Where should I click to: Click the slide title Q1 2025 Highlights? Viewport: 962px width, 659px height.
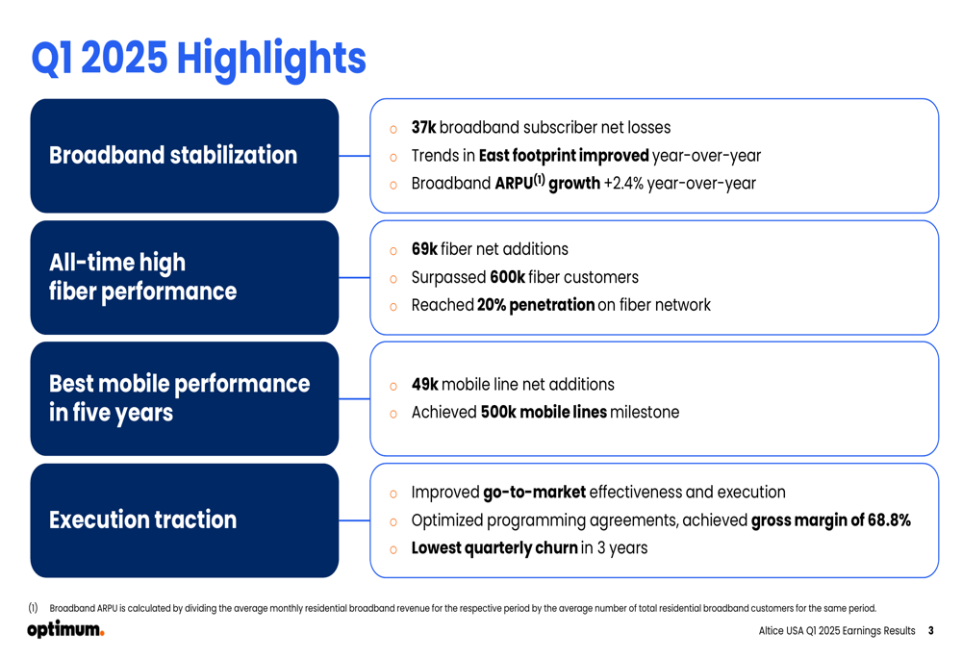(198, 59)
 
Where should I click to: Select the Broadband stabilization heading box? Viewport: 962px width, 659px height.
(185, 156)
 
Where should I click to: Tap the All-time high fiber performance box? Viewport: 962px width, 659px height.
(185, 277)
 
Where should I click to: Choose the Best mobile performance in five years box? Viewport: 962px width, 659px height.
(185, 399)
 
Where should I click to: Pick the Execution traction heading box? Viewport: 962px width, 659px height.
(185, 520)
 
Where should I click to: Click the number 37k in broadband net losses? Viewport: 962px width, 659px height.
(423, 127)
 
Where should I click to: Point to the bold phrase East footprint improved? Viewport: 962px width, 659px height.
(563, 155)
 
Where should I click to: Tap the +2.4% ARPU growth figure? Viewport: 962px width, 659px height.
(623, 184)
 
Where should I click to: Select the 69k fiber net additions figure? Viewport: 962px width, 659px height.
(424, 249)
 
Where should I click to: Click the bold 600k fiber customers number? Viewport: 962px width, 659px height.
(507, 277)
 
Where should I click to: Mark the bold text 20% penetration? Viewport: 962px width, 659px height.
(536, 305)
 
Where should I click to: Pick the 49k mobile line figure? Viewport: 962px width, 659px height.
(424, 384)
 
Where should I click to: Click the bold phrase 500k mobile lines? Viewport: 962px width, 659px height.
(544, 412)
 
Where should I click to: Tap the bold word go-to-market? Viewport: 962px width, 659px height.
(534, 493)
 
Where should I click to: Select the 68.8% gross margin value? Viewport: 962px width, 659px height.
(889, 520)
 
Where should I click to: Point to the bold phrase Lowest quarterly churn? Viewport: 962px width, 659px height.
(494, 548)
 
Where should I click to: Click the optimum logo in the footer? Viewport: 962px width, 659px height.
(65, 629)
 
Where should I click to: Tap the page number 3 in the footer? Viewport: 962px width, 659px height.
(930, 631)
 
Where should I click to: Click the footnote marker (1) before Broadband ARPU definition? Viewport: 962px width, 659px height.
(33, 607)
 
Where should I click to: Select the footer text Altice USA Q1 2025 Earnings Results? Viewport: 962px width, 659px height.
(837, 631)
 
